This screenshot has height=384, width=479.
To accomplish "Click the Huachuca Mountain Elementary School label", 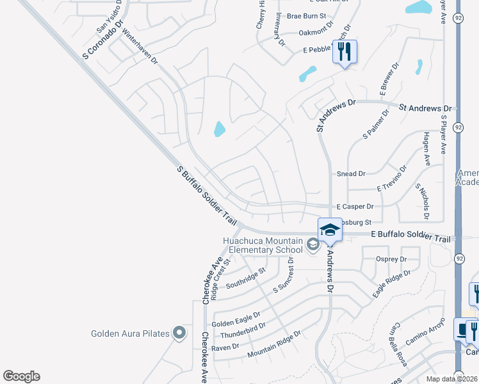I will pos(263,245).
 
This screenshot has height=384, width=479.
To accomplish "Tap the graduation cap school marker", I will pos(330,230).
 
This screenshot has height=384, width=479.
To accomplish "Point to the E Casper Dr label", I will pos(355,207).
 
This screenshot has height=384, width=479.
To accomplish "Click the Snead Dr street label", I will pos(351,173).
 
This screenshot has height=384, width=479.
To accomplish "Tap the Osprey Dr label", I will pos(394,259).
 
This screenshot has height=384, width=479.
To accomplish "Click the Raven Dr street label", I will pos(225,346).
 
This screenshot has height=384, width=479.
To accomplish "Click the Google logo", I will pos(21,376).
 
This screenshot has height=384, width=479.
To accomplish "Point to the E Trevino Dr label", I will pos(392,179).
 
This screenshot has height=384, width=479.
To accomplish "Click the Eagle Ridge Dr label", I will pos(392,282).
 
